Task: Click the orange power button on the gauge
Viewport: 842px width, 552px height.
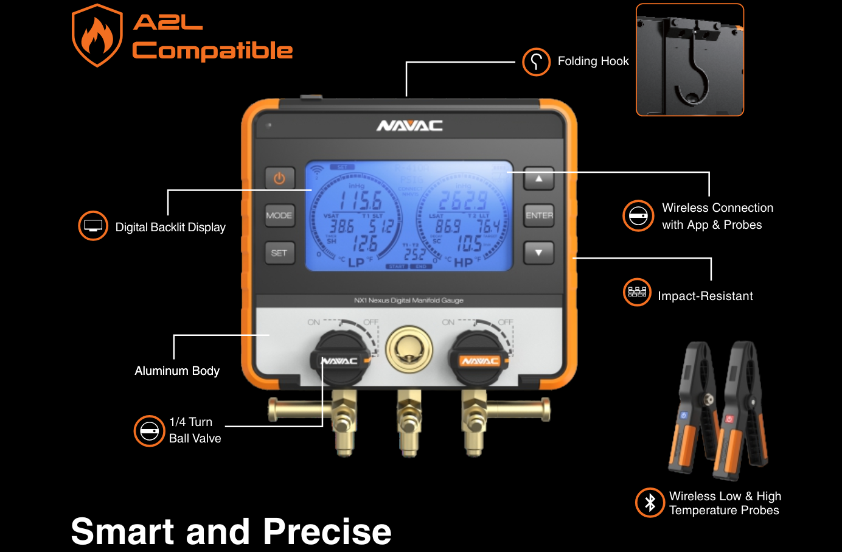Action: tap(279, 178)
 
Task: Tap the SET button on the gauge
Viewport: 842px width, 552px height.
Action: tap(279, 253)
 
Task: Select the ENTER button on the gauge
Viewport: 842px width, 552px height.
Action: tap(539, 215)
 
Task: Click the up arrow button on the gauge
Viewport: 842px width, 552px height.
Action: tap(538, 179)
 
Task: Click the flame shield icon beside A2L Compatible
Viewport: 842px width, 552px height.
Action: tap(97, 35)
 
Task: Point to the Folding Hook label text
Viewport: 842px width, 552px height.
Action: tap(593, 61)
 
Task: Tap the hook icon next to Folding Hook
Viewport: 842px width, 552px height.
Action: tap(537, 61)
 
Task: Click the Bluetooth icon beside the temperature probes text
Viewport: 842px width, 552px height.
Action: tap(650, 503)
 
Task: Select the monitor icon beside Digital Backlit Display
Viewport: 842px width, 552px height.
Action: tap(93, 226)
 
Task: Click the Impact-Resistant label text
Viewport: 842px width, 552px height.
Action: tap(705, 296)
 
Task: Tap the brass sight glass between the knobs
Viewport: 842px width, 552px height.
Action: tap(409, 350)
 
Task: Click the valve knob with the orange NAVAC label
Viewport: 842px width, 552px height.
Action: tap(479, 359)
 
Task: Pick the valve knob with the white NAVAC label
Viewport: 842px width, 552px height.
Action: tap(340, 359)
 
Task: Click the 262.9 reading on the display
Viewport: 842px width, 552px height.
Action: tap(463, 201)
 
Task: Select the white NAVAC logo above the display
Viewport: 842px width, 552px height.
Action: tap(409, 126)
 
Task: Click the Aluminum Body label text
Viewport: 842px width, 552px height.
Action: tap(177, 371)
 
